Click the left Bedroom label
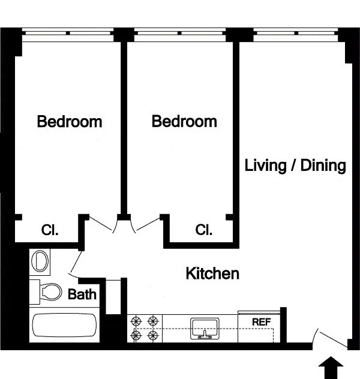[x=70, y=122]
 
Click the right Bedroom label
[x=184, y=122]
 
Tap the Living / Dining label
[x=295, y=166]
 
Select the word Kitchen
[x=212, y=274]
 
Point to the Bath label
[x=82, y=294]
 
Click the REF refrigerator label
[x=261, y=322]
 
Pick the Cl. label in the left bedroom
[x=50, y=230]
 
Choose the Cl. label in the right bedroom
[x=205, y=230]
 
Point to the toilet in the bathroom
[x=48, y=292]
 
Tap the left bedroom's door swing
[x=102, y=224]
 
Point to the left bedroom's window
[x=68, y=32]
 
